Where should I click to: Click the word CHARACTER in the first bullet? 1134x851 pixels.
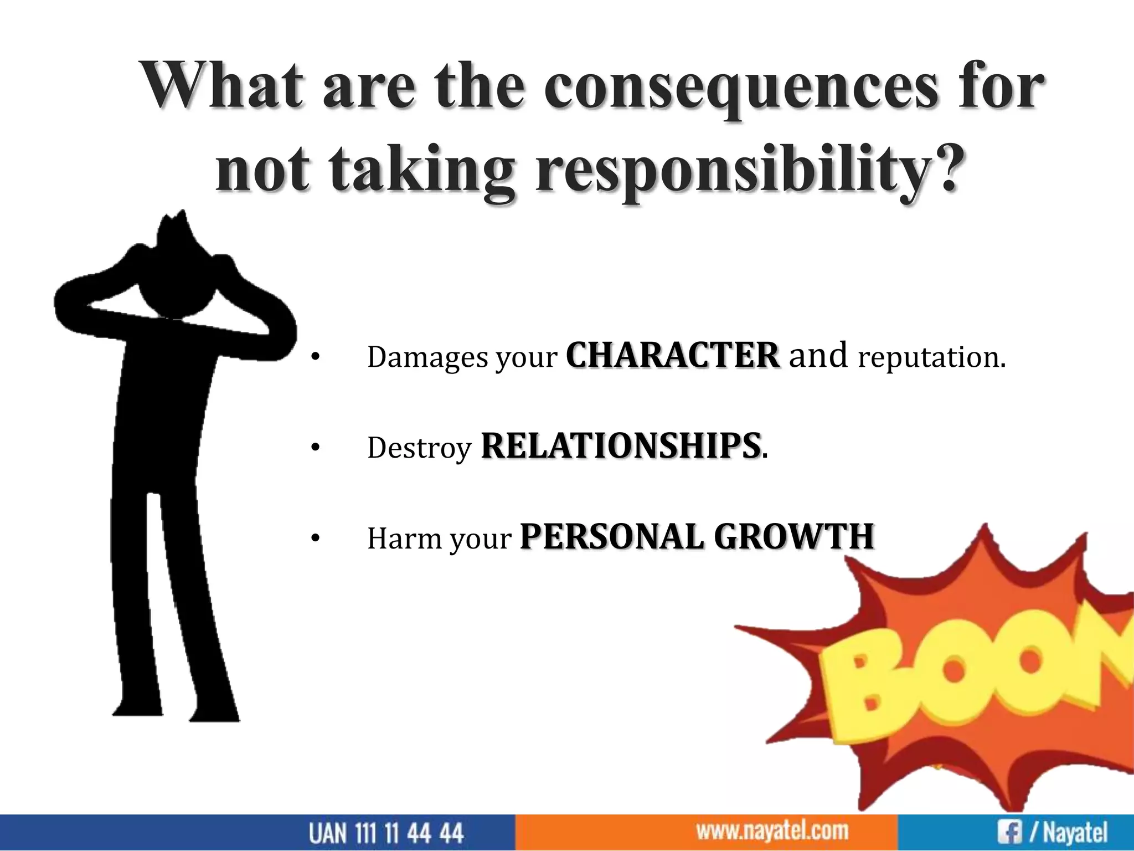click(672, 356)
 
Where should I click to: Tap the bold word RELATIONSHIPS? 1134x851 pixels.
click(620, 446)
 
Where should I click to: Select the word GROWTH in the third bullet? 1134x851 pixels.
click(793, 537)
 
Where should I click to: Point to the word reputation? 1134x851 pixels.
click(931, 358)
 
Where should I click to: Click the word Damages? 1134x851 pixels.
click(428, 358)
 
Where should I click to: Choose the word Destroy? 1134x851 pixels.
click(419, 448)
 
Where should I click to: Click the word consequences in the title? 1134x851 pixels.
click(741, 89)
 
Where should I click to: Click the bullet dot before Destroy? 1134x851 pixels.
click(315, 448)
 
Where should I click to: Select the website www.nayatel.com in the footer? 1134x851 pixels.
click(772, 831)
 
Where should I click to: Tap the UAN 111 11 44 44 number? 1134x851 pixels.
click(386, 833)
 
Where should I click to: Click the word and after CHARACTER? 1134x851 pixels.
click(818, 356)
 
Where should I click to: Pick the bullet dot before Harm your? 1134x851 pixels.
click(315, 538)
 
